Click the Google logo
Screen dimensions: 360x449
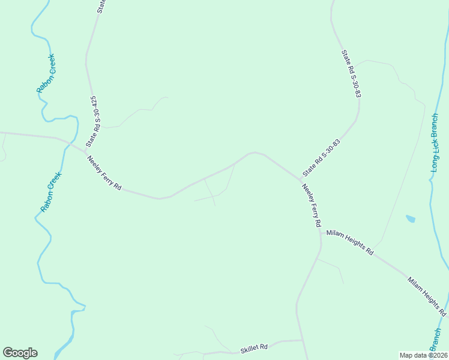pos(20,353)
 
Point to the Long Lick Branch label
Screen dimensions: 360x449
pos(435,143)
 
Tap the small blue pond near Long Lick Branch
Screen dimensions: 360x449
pos(411,219)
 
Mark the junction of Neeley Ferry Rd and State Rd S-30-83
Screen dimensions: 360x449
pos(300,179)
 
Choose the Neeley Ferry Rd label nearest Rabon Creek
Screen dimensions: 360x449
pos(104,173)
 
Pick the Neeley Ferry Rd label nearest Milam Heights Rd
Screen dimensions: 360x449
pos(311,205)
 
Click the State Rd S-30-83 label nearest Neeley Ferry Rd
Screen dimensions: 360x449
pos(322,157)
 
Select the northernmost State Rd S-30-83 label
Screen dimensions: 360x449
pos(352,74)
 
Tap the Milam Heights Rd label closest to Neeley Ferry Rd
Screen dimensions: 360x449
pos(350,242)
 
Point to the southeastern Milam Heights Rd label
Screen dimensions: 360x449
pos(427,296)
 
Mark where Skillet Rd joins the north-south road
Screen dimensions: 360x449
pos(303,341)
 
